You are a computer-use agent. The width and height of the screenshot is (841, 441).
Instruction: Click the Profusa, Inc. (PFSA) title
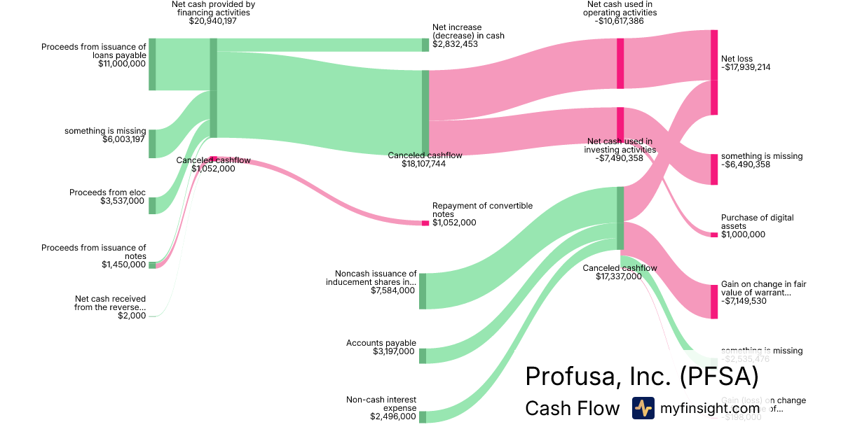[x=641, y=377]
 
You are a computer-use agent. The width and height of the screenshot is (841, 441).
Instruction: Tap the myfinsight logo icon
[x=643, y=408]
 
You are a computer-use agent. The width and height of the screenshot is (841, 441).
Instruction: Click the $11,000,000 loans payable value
[x=122, y=64]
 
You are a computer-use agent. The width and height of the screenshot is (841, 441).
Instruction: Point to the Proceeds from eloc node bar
[x=152, y=206]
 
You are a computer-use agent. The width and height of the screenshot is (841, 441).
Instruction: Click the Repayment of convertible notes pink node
[x=425, y=223]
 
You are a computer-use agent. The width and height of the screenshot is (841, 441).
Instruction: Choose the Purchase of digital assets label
[x=757, y=222]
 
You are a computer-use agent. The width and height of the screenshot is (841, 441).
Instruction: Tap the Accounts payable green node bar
[x=423, y=356]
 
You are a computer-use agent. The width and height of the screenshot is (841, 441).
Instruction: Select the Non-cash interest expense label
[x=381, y=404]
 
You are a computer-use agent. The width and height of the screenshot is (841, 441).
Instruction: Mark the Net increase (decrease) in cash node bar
[x=425, y=45]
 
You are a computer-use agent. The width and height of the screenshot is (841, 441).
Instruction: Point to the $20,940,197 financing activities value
[x=213, y=22]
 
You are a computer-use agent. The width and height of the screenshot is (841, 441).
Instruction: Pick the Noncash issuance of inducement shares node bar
[x=423, y=291]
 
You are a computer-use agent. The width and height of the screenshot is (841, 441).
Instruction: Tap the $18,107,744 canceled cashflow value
[x=425, y=164]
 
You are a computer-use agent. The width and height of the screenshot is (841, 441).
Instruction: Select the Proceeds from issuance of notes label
[x=94, y=251]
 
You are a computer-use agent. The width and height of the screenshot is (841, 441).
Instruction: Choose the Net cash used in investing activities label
[x=620, y=145]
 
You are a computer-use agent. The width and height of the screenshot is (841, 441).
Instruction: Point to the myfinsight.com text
[x=710, y=408]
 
